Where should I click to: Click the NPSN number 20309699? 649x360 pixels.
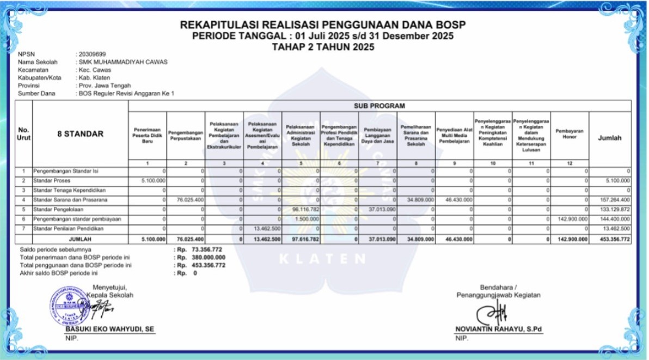pyautogui.click(x=92, y=54)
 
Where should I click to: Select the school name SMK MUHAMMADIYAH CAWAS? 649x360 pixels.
pyautogui.click(x=123, y=62)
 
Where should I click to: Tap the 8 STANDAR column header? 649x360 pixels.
pyautogui.click(x=80, y=134)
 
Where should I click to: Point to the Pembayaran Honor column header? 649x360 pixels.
pyautogui.click(x=570, y=133)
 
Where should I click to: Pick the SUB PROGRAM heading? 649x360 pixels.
pyautogui.click(x=379, y=106)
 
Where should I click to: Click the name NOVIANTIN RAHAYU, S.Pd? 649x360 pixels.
pyautogui.click(x=499, y=329)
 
